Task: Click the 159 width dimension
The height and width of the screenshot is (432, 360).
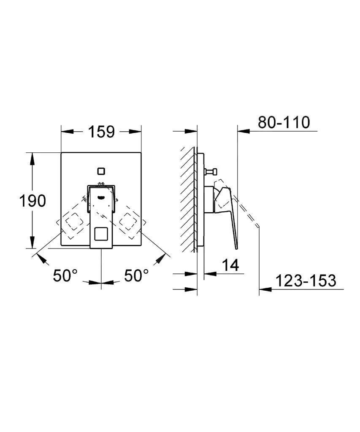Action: (101, 132)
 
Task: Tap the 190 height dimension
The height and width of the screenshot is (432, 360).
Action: (32, 200)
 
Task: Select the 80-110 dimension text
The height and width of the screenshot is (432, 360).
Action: (284, 122)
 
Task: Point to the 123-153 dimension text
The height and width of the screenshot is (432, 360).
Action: (306, 281)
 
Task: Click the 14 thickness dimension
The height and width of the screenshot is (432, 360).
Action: (230, 265)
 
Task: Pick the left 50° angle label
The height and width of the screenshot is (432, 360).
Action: (65, 275)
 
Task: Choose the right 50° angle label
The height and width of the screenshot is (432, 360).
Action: (136, 275)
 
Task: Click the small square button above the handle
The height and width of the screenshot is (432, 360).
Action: (101, 171)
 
